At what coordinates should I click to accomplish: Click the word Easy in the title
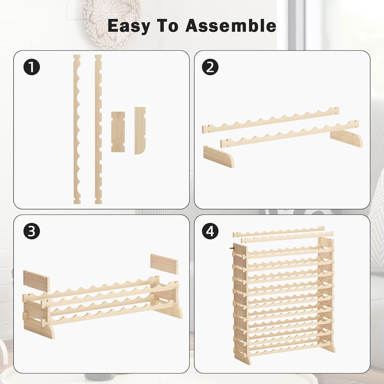[128, 26]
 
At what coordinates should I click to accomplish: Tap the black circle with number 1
[32, 67]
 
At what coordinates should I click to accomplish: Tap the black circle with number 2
[210, 67]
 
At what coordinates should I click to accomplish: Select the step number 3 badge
[32, 231]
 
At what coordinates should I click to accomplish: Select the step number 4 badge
[210, 231]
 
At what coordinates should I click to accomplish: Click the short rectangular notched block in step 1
[118, 132]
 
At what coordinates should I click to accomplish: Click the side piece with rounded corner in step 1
[140, 131]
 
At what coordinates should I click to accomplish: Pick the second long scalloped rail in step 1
[98, 129]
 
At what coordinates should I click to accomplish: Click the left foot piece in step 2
[219, 157]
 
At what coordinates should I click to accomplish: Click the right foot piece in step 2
[346, 140]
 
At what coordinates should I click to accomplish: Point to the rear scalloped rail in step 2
[271, 120]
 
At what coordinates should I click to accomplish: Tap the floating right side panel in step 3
[164, 264]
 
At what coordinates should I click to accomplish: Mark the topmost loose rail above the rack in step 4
[279, 231]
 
